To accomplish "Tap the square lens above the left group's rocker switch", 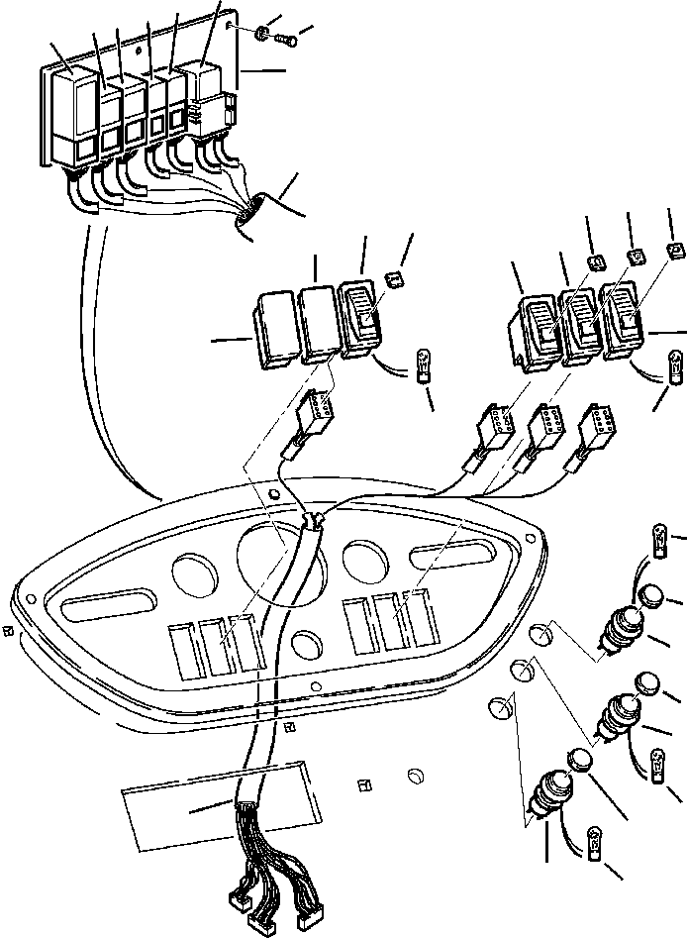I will [393, 282].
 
